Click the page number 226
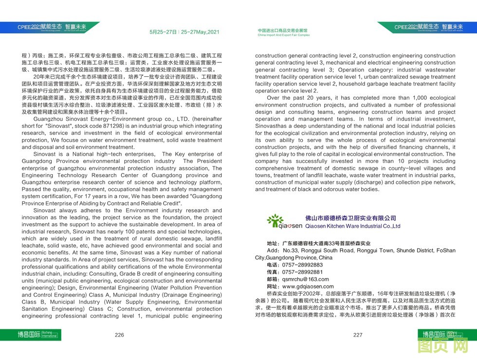coord(119,335)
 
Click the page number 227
coord(358,335)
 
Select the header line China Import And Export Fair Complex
coord(283,36)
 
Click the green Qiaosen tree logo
coord(277,221)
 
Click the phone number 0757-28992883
coord(302,265)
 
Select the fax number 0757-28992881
coord(302,272)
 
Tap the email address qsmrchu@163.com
coord(305,279)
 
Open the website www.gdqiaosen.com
coord(308,287)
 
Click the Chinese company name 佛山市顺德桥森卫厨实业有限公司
coord(350,218)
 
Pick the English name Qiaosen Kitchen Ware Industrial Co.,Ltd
coord(352,226)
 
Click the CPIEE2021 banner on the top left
coord(49,28)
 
